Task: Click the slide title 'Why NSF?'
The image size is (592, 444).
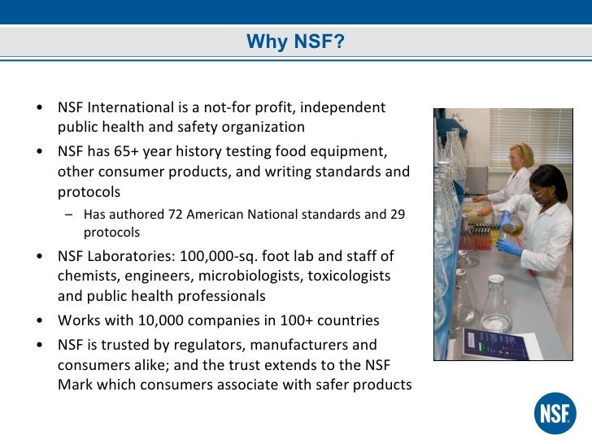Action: coord(296,41)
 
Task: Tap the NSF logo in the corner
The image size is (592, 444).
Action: coord(555,413)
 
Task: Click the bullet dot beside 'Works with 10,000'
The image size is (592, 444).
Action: coord(40,320)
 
